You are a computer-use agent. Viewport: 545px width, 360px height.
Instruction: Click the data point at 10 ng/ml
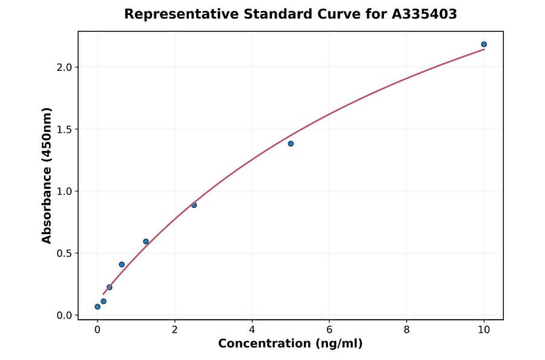[x=484, y=44]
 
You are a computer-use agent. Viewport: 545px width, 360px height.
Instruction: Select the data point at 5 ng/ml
[x=291, y=144]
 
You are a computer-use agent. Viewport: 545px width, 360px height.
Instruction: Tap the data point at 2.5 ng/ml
[x=194, y=205]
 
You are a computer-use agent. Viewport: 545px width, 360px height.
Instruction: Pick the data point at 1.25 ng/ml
[x=146, y=241]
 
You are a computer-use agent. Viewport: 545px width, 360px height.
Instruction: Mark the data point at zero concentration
[x=97, y=307]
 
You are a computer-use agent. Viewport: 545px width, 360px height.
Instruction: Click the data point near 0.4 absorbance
[x=122, y=264]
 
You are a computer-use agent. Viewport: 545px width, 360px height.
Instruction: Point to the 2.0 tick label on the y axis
[x=64, y=67]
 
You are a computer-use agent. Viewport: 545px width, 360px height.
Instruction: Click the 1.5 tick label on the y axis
[x=64, y=129]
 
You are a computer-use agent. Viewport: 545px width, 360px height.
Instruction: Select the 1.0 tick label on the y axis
[x=64, y=192]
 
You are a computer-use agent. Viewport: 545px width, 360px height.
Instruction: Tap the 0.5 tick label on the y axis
[x=64, y=253]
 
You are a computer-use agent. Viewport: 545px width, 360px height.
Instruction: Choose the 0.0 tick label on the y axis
[x=64, y=315]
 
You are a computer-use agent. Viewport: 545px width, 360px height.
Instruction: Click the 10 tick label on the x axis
[x=484, y=330]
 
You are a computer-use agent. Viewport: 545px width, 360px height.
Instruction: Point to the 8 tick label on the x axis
[x=406, y=330]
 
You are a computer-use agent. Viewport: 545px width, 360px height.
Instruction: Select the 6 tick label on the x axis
[x=329, y=330]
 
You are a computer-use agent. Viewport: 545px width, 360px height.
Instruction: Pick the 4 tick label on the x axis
[x=252, y=330]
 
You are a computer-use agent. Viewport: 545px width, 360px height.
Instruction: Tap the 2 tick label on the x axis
[x=174, y=330]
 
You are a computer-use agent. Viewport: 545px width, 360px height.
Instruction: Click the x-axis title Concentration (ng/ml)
[x=290, y=344]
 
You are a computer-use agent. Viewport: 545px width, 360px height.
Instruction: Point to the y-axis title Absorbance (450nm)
[x=47, y=175]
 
